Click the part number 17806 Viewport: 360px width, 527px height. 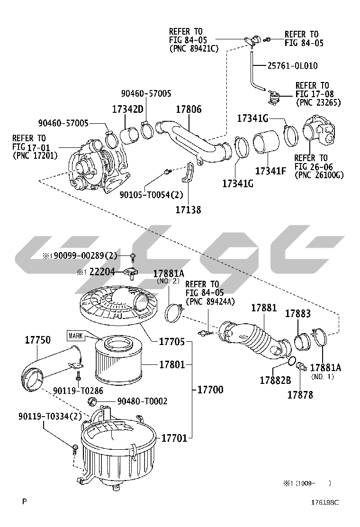[x=189, y=109]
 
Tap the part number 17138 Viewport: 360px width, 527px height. [x=189, y=209]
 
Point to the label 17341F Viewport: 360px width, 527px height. [x=270, y=171]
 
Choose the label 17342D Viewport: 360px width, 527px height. [x=127, y=109]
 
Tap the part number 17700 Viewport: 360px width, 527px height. [x=210, y=390]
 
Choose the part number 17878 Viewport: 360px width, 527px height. [x=300, y=394]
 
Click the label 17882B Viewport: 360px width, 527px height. [x=275, y=380]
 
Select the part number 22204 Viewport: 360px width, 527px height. [x=101, y=272]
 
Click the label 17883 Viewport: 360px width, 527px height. [x=297, y=313]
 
